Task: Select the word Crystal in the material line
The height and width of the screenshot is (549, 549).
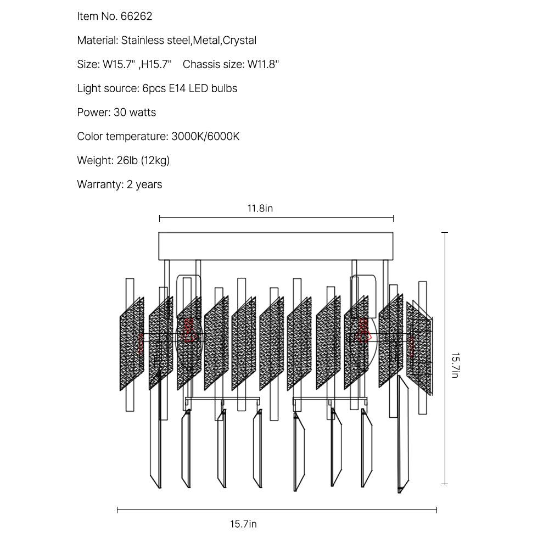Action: pos(240,41)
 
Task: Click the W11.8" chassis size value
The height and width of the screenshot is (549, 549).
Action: pos(263,64)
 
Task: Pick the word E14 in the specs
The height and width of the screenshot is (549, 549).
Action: pos(177,88)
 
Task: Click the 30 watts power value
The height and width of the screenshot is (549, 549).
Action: pos(135,113)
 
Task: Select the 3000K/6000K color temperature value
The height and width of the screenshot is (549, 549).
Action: pos(205,136)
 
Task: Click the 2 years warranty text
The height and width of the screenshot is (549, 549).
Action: pos(144,184)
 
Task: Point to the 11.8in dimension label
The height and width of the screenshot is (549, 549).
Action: pos(260,209)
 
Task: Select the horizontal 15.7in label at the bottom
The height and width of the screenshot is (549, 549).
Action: pos(243,524)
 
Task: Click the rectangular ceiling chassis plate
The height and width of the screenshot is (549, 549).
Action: pos(276,246)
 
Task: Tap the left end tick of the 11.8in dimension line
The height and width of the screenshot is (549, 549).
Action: pos(159,219)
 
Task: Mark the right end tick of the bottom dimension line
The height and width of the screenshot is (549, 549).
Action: pos(436,510)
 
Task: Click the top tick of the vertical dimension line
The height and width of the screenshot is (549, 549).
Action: pos(445,233)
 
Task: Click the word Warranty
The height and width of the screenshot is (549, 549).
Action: pos(99,184)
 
